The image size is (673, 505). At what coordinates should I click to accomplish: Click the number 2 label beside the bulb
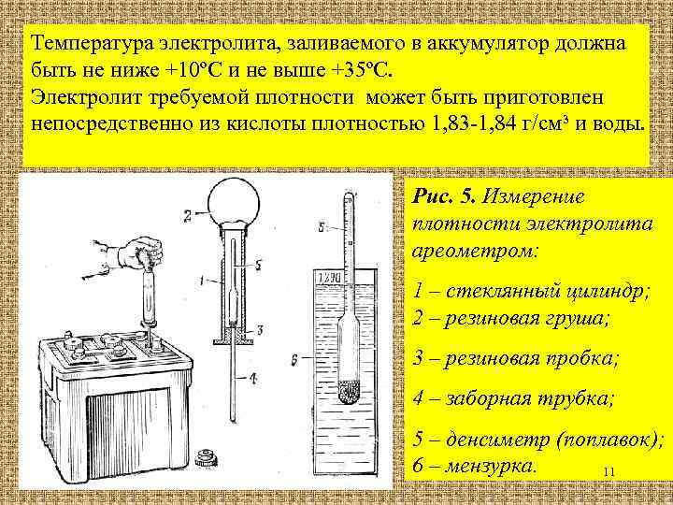188,216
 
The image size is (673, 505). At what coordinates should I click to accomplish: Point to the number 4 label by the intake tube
252,377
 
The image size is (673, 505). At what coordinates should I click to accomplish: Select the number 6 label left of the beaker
295,358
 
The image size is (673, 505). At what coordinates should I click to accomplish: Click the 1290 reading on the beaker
330,278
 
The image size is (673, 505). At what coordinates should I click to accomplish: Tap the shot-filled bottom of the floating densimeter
349,390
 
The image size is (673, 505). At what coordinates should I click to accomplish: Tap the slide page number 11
609,471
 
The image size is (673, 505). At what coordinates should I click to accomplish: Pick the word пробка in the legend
580,358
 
